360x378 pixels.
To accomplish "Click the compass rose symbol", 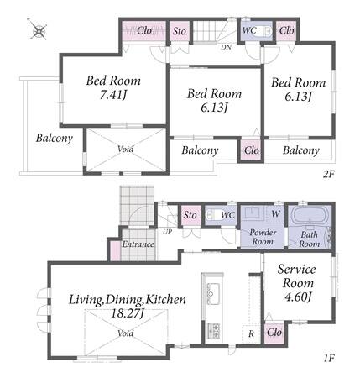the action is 39,30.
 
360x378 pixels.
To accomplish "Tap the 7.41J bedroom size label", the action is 113,95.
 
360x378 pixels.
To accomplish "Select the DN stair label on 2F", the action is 226,47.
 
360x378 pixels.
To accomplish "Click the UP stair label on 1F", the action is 168,232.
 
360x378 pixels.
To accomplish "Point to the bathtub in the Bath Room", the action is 309,215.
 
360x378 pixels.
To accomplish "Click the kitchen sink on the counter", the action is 213,293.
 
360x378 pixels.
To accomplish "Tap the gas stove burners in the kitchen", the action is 213,330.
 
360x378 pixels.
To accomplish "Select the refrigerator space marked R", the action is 251,333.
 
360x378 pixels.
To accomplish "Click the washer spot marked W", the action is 275,214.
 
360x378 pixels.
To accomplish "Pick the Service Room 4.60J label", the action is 297,283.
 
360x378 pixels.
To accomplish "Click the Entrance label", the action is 138,244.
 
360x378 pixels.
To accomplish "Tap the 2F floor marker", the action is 329,175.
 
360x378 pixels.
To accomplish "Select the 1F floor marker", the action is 329,358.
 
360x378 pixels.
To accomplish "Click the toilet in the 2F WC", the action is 263,30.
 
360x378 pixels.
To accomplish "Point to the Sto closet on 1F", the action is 190,216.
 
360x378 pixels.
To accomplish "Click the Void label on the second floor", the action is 126,149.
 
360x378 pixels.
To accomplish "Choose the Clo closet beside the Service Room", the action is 274,333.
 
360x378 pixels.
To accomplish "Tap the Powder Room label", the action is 263,237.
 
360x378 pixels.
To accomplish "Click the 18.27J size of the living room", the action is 128,313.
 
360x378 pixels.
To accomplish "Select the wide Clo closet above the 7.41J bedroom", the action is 144,31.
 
